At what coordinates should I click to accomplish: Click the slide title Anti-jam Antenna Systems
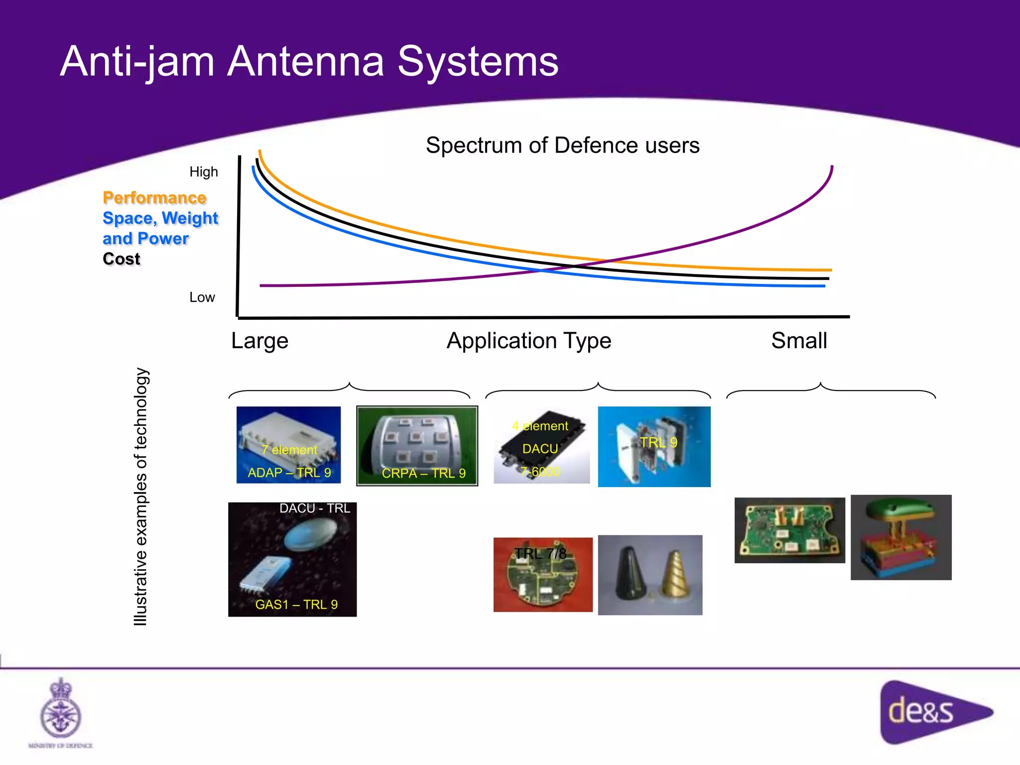309,62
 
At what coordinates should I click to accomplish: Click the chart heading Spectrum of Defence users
562,145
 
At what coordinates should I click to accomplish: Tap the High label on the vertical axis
204,172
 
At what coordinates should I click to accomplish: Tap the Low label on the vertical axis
202,297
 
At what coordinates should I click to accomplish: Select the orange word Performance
154,198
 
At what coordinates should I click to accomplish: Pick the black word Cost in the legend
122,259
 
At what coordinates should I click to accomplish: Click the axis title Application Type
528,341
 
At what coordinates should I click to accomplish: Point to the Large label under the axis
259,341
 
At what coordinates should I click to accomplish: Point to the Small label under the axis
799,341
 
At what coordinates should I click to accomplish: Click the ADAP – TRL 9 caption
289,473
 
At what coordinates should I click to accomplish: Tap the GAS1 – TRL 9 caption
296,605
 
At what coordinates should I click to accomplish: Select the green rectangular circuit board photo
789,530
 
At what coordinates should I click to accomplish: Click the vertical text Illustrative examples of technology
141,497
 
